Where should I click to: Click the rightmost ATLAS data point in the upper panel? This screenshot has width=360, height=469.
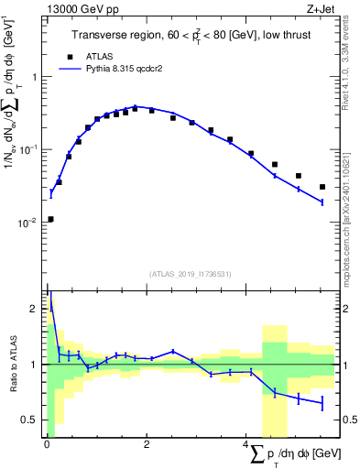tap(322, 187)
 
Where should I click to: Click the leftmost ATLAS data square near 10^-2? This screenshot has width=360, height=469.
tap(50, 219)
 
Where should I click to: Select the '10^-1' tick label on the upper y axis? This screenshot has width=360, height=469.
tap(31, 149)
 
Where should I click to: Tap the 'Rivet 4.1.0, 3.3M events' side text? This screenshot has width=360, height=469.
tap(351, 73)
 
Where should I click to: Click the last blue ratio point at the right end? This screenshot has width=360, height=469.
tap(322, 403)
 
